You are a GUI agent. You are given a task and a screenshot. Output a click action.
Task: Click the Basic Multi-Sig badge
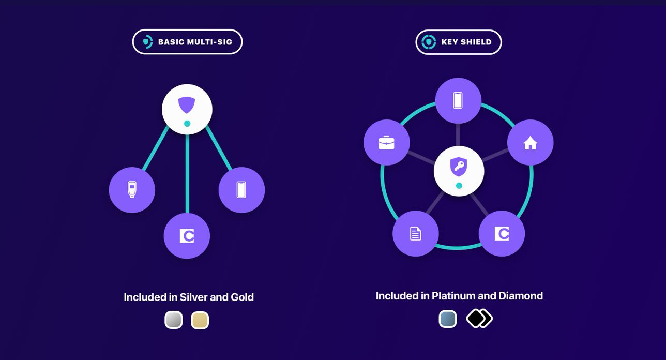187,42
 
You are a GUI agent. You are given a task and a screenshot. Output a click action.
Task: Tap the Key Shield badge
458,42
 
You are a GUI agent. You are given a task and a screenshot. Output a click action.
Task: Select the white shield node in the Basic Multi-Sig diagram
187,109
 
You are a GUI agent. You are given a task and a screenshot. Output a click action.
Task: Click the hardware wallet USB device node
132,190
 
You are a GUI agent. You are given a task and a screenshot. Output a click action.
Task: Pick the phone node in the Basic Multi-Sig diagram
241,190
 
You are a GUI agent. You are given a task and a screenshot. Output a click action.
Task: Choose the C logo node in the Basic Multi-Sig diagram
187,236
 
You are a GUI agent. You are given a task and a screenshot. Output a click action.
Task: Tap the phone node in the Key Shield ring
458,100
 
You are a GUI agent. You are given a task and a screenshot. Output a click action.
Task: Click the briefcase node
387,142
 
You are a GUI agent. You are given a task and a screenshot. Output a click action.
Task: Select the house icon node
530,142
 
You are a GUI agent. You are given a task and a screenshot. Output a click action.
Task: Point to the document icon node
416,233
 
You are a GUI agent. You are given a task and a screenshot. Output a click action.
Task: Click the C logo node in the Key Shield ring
502,233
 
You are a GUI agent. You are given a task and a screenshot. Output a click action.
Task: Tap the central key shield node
459,170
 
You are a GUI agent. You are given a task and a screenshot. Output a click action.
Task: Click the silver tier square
174,320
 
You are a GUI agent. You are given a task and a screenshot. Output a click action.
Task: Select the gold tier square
200,320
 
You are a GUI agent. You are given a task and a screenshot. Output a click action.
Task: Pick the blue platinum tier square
448,319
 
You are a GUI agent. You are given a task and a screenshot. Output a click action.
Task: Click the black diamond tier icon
479,319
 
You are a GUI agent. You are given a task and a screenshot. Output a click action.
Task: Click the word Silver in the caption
193,297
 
